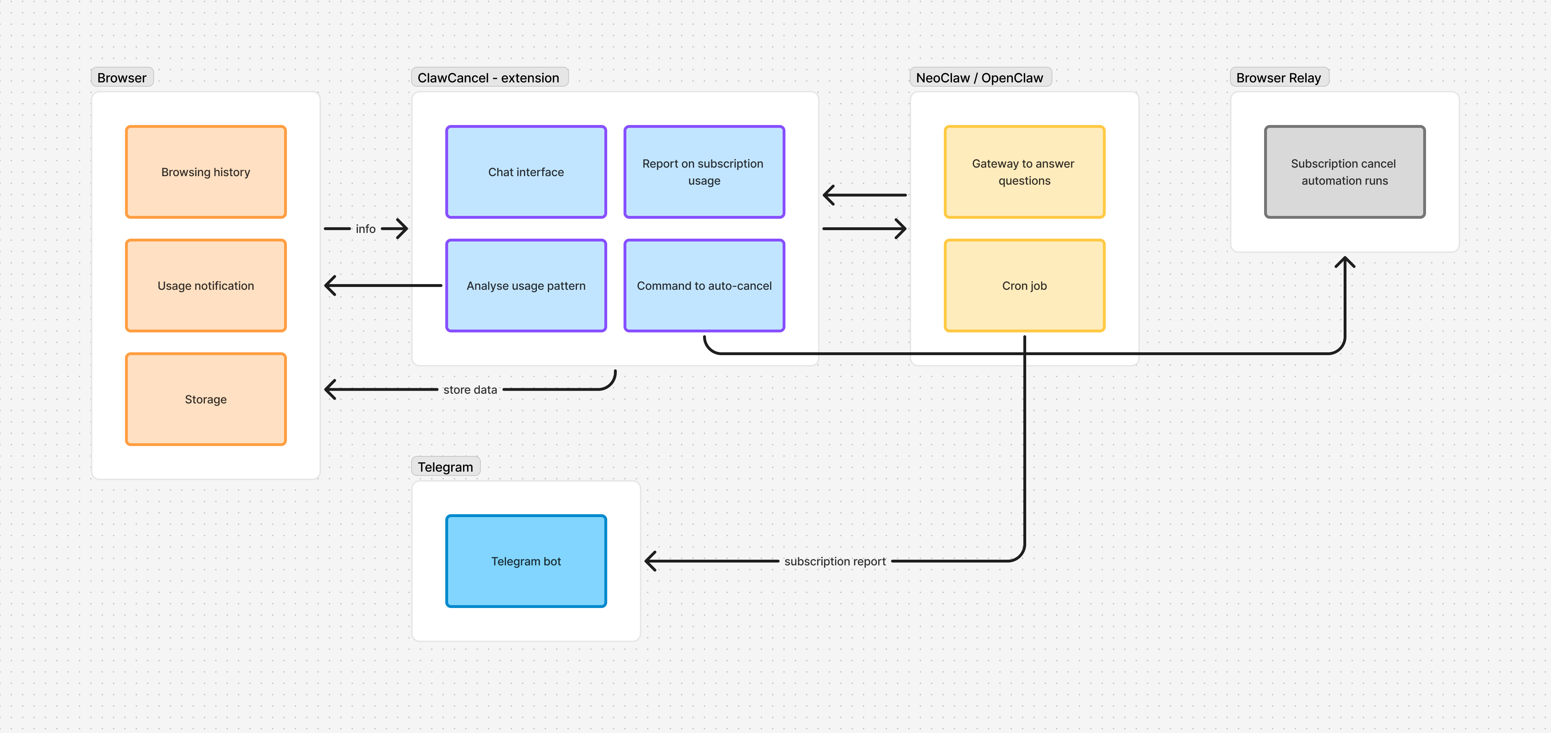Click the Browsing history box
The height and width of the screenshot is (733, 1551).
(205, 172)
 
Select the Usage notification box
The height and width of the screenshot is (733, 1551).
(205, 286)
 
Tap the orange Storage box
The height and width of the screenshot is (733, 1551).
(205, 399)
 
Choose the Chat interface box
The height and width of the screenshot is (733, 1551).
(526, 172)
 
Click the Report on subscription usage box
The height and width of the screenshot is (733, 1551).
(704, 172)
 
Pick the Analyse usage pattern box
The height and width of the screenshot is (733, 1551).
(526, 286)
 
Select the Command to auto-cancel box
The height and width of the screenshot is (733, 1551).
(704, 286)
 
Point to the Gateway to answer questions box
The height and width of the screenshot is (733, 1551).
(1024, 172)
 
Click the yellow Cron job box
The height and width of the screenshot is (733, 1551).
(1024, 286)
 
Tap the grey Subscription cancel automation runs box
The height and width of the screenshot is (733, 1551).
(1344, 172)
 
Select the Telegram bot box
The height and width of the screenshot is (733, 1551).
(526, 561)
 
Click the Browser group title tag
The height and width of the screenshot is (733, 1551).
(122, 78)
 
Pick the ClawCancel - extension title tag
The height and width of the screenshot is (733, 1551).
(488, 78)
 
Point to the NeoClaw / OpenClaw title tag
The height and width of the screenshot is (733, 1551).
(980, 78)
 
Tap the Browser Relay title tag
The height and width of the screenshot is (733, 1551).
(1278, 78)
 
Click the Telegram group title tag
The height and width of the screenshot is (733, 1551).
(446, 467)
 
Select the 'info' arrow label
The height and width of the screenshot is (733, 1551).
(365, 229)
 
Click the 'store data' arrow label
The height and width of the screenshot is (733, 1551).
(470, 390)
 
